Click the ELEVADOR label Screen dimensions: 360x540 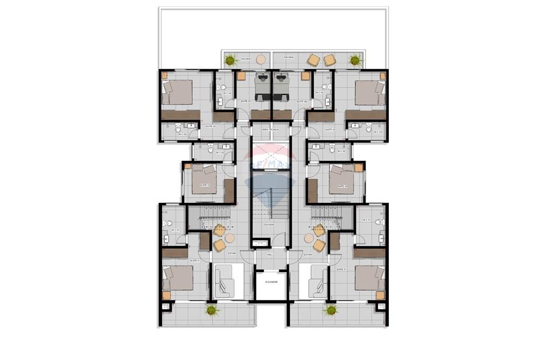click(271, 282)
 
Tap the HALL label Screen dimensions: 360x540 click(271, 255)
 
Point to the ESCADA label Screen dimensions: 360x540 click(270, 225)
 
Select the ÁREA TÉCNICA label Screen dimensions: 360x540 click(269, 130)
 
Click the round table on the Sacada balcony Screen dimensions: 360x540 click(261, 59)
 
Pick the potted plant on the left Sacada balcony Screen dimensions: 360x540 click(231, 59)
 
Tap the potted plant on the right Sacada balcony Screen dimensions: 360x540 click(354, 59)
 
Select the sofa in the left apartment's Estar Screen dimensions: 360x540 click(223, 281)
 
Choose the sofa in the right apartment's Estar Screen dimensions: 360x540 click(318, 281)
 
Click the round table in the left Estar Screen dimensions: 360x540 click(230, 237)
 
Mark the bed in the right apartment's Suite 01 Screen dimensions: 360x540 click(369, 277)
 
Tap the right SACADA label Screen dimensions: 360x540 click(289, 57)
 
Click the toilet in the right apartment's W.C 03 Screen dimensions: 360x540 click(368, 128)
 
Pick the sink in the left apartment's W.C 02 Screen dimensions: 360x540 click(226, 146)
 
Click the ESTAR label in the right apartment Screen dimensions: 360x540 click(308, 254)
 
